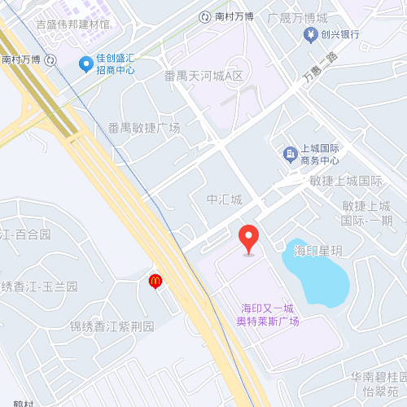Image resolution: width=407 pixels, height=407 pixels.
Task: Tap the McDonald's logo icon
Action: pos(155,281)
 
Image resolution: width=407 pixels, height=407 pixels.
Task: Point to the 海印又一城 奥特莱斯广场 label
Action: pos(267,314)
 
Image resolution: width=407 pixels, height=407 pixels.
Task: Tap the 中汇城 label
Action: pos(224,199)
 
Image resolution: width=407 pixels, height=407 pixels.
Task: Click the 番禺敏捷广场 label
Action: pos(144,128)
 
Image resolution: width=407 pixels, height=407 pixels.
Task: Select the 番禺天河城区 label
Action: pos(203,76)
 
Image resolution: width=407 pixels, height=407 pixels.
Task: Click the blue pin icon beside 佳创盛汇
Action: pos(85,63)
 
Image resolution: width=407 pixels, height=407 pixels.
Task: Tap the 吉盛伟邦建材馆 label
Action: pos(73,25)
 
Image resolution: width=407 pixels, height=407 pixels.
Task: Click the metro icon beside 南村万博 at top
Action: pos(205,15)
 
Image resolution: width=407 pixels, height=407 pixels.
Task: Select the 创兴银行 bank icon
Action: pos(310,34)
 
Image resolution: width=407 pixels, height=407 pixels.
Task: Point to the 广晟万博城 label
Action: pos(297,17)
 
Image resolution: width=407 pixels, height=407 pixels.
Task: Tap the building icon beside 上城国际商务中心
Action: pos(289,154)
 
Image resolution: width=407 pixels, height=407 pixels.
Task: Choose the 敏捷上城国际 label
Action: pos(346,181)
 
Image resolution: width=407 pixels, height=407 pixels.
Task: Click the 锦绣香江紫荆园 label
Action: pos(112,327)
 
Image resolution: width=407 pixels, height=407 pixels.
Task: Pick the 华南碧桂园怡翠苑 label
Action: pos(379,383)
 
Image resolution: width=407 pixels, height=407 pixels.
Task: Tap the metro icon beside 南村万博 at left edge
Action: pos(51,59)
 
